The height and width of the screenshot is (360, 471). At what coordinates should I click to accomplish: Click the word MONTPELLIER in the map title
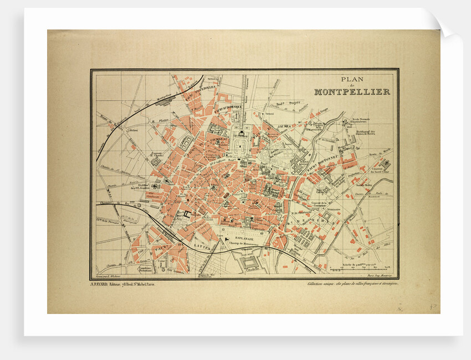352,92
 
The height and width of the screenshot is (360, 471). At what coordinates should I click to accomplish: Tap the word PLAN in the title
352,79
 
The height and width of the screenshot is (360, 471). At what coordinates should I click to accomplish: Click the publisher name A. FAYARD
102,284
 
